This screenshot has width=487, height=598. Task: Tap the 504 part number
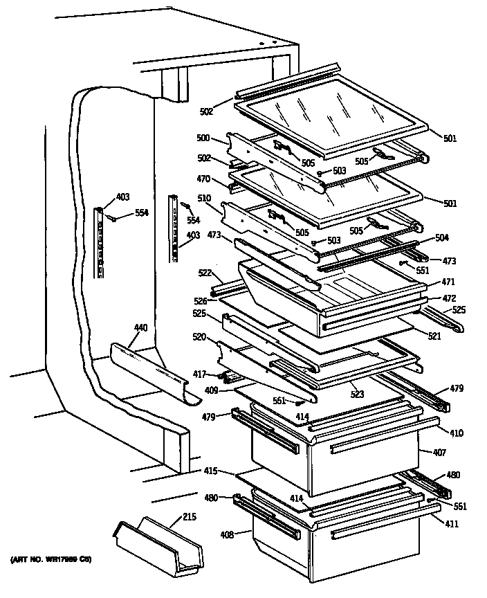pos(442,237)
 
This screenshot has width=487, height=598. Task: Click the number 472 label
pos(450,298)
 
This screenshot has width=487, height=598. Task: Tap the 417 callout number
pos(199,374)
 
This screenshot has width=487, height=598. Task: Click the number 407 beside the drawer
pos(439,453)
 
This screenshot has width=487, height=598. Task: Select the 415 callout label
pos(210,471)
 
